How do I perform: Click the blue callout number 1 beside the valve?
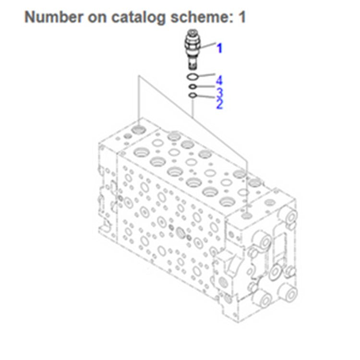(219, 48)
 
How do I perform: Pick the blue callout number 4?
(219, 79)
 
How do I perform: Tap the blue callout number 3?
(219, 92)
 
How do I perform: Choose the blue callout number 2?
(219, 103)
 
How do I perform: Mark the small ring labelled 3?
(192, 86)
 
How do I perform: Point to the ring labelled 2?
(192, 96)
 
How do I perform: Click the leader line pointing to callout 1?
(208, 47)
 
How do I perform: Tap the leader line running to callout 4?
(206, 75)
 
